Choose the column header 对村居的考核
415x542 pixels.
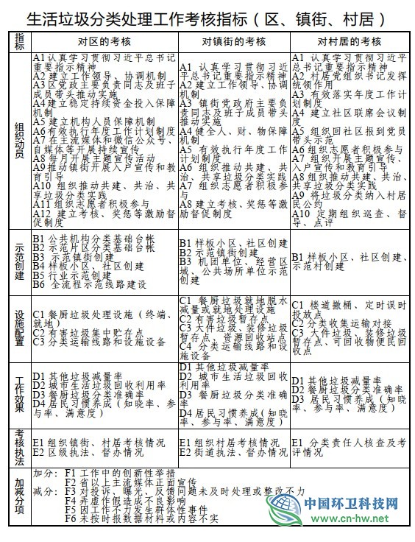pos(348,40)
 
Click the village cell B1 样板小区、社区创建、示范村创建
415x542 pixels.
pos(348,260)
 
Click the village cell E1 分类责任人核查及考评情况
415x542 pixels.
pos(348,446)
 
